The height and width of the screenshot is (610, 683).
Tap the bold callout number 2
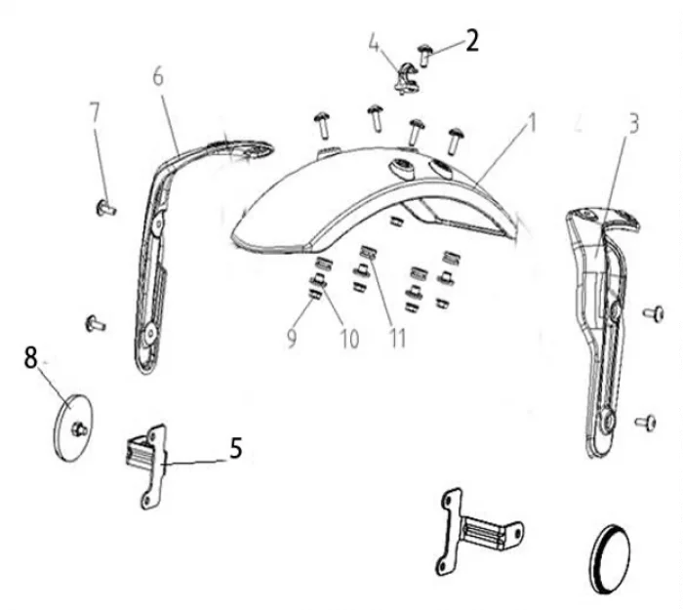point(472,41)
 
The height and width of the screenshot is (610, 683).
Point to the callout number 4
point(374,43)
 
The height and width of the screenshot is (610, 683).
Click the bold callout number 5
point(236,448)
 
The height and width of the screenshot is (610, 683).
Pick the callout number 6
point(158,76)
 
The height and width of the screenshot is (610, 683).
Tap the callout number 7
point(94,112)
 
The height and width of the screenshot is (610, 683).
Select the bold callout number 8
point(30,358)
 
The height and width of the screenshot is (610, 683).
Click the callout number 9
point(292,338)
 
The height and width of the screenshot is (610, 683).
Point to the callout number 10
point(349,339)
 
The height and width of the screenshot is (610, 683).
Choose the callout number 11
point(397,338)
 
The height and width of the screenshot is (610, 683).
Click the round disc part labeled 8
point(72,427)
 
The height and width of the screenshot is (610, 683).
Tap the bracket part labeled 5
point(146,468)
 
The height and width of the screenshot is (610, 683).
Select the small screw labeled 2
point(424,55)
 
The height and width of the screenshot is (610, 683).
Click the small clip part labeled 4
point(407,78)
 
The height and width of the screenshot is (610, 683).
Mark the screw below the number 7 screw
point(95,323)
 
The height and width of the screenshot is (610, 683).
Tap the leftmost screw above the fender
point(323,125)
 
